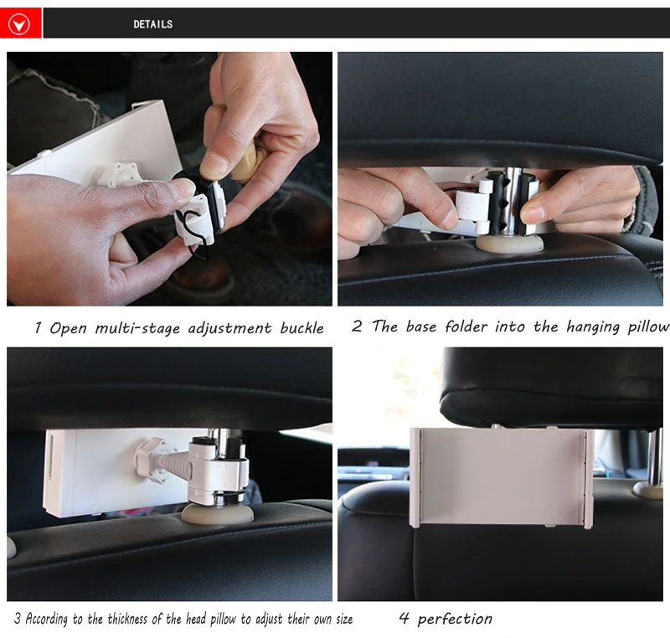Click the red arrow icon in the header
[x=19, y=23]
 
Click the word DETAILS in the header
[x=153, y=24]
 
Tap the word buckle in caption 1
[x=301, y=328]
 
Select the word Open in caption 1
[x=68, y=328]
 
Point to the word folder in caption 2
[x=466, y=327]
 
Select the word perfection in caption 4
[x=455, y=619]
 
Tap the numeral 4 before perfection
[x=404, y=618]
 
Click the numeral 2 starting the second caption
[x=357, y=327]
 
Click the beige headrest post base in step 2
[x=509, y=244]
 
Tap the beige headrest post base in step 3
[x=218, y=514]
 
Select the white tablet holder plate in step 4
[x=502, y=477]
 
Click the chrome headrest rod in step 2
[x=511, y=201]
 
